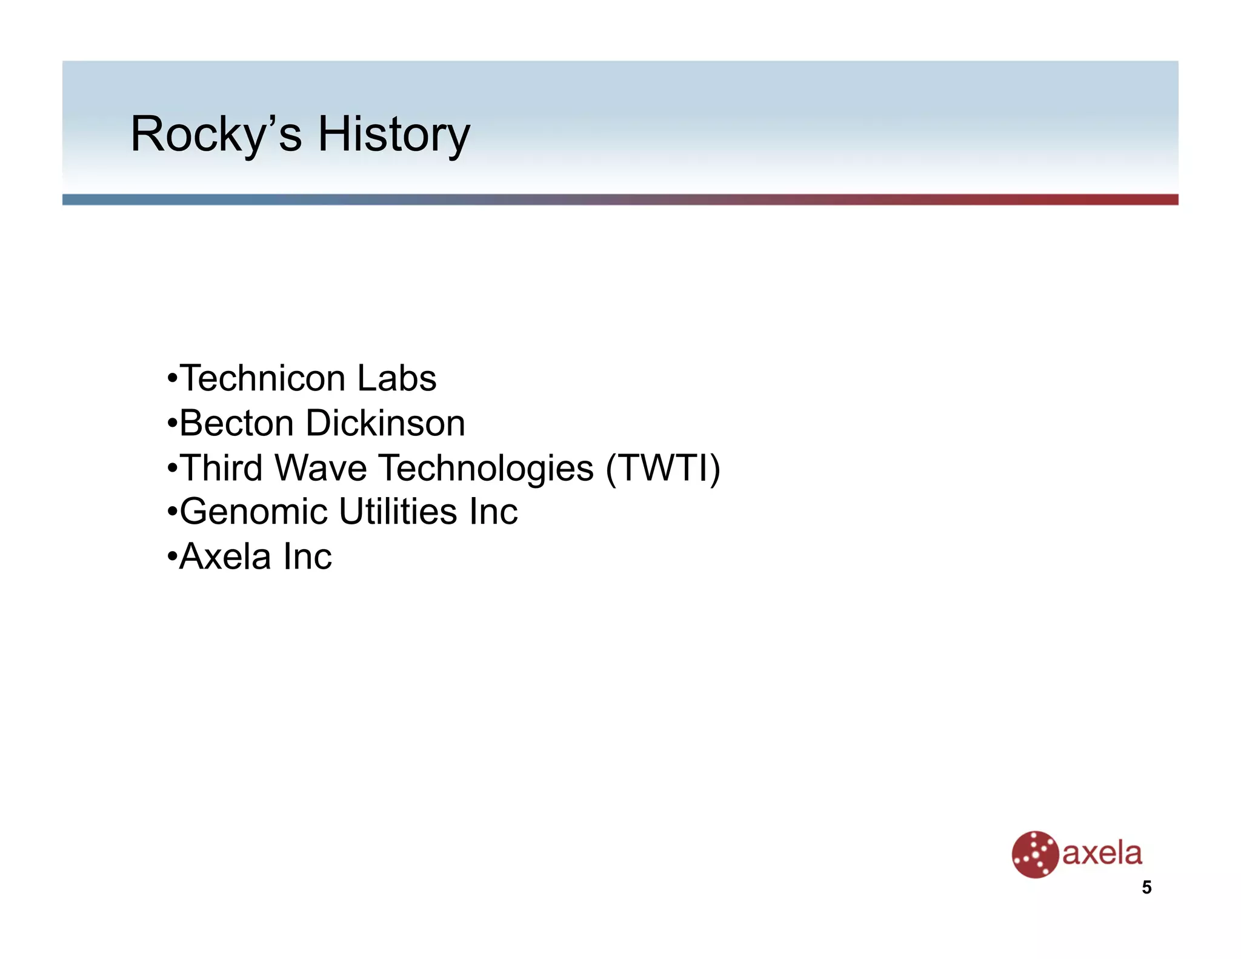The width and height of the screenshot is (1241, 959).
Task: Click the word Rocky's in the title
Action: point(216,135)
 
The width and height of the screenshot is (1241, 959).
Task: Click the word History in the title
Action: point(394,135)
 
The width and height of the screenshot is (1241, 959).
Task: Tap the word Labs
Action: point(396,379)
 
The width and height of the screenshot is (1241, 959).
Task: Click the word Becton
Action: point(236,423)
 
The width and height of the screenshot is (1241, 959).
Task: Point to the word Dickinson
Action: point(385,423)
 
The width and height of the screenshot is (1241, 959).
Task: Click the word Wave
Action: point(321,468)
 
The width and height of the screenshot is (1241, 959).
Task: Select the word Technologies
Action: point(486,468)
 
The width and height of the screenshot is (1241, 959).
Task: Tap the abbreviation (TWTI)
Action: point(663,468)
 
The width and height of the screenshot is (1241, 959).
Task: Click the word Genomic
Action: point(254,512)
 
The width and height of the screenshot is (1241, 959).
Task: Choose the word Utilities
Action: point(398,512)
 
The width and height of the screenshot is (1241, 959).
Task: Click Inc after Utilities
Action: point(493,512)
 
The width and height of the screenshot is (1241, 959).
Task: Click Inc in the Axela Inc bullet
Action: point(308,556)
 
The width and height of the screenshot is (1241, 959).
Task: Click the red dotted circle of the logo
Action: point(1034,854)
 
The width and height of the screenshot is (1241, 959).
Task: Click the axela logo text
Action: point(1102,854)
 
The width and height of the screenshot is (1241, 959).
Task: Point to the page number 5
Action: point(1146,887)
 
